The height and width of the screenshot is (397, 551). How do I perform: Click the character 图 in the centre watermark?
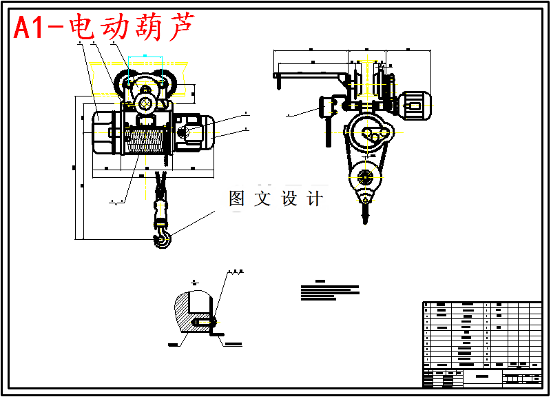(237, 198)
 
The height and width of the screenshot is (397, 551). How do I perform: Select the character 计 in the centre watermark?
(315, 198)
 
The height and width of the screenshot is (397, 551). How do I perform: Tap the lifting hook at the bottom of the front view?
(163, 237)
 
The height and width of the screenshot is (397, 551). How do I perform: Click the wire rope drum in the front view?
(147, 141)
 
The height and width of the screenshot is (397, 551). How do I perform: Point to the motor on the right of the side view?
(415, 103)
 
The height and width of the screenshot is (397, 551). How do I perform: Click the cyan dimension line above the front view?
(145, 56)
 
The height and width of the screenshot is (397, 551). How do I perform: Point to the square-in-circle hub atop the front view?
(145, 104)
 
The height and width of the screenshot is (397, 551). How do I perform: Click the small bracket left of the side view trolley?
(327, 107)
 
